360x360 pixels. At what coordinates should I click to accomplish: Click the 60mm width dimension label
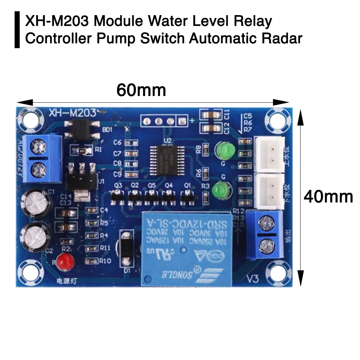[x=141, y=90]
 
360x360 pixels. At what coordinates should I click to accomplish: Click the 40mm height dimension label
[x=328, y=197]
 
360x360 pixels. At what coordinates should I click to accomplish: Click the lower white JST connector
[x=270, y=190]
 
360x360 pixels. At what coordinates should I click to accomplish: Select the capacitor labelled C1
[x=36, y=203]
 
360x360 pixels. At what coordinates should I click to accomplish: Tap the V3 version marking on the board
[x=253, y=279]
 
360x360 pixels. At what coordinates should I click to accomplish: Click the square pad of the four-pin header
[x=182, y=121]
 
